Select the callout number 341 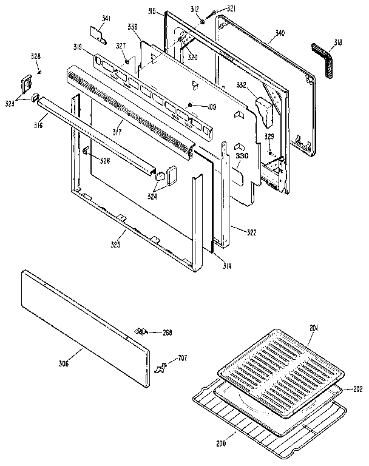(x=106, y=20)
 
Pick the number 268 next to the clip (x=168, y=332)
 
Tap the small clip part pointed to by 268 (x=142, y=331)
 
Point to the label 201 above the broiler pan (x=313, y=328)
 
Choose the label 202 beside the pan (x=357, y=389)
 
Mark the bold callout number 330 (x=242, y=156)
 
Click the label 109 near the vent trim (x=211, y=107)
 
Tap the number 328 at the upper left (x=36, y=56)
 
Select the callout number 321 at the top (x=231, y=8)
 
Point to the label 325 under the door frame (x=115, y=245)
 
